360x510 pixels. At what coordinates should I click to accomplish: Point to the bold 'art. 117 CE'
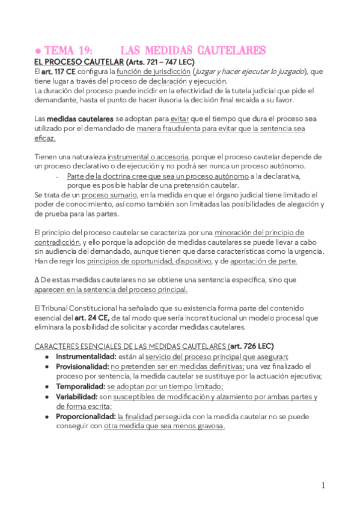[58, 72]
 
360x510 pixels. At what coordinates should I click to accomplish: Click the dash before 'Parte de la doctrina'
[56, 176]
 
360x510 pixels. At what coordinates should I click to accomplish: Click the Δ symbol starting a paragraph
[37, 280]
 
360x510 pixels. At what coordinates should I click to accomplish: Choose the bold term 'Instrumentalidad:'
[82, 357]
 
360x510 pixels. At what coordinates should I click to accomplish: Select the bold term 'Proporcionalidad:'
[85, 416]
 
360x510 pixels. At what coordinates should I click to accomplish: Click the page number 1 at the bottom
[323, 485]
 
